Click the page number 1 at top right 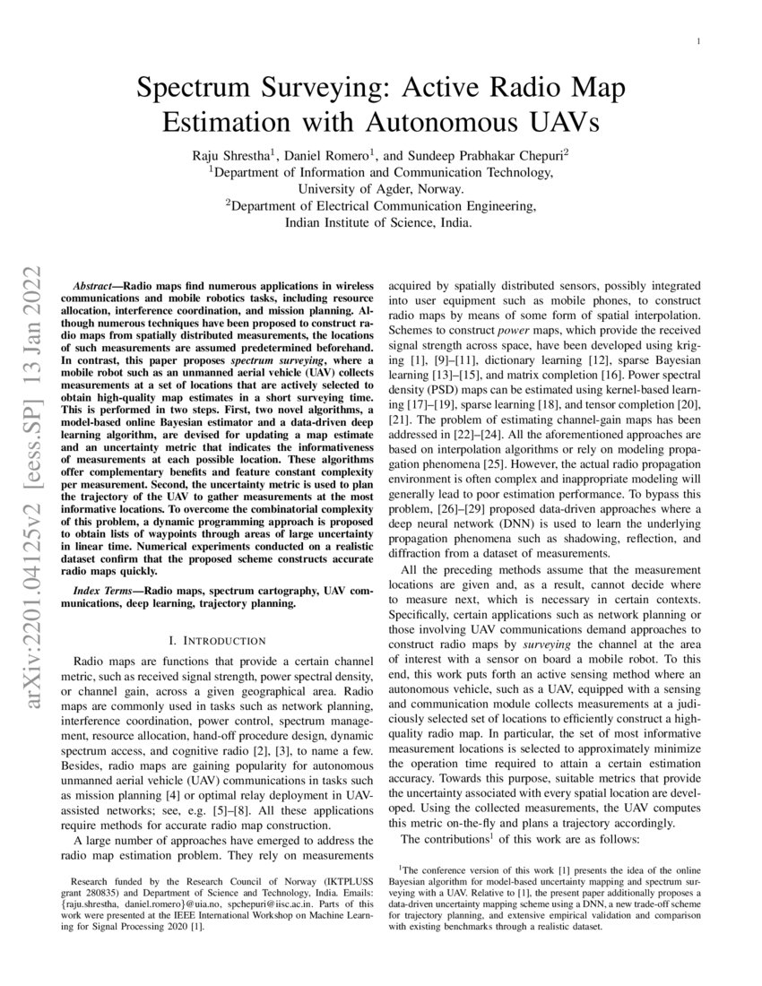click(698, 42)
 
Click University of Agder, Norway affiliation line click(381, 189)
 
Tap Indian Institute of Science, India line click(381, 223)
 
